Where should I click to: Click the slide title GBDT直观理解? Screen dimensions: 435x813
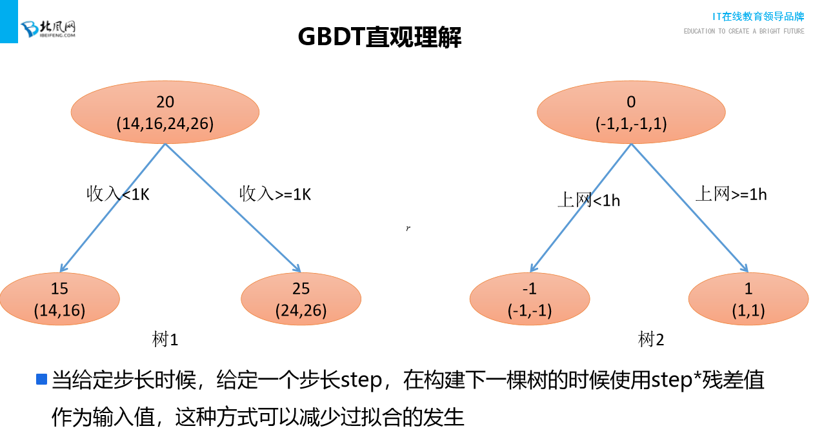[379, 37]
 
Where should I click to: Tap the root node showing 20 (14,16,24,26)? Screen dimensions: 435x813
[165, 112]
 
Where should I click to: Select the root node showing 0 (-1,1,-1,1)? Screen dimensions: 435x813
[630, 112]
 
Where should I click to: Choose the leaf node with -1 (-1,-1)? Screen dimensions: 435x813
[530, 299]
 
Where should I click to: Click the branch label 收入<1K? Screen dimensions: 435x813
[118, 194]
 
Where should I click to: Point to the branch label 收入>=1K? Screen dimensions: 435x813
[276, 194]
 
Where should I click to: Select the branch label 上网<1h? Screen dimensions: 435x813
[588, 200]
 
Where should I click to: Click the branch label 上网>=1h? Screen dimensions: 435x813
[731, 194]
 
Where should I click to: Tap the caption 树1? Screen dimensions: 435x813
[165, 339]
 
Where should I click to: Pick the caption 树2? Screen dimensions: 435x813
[651, 339]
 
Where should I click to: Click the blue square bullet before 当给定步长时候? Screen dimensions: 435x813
[42, 379]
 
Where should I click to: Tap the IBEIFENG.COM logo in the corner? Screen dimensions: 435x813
[49, 28]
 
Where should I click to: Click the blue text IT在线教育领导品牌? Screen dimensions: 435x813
[758, 16]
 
